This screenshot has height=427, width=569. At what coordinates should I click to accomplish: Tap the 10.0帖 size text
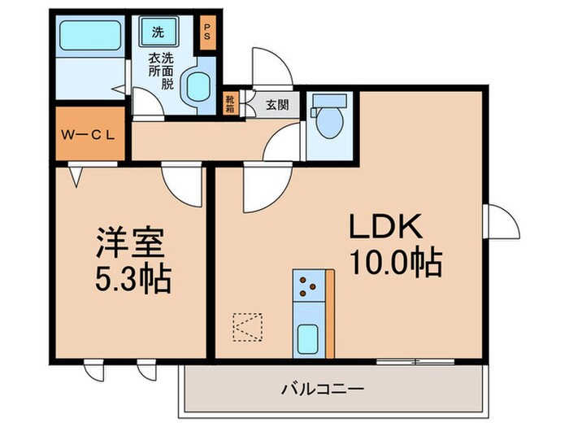(395, 263)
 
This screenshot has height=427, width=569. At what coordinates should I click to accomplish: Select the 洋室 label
(131, 243)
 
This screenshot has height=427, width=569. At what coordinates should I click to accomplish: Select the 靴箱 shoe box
(231, 104)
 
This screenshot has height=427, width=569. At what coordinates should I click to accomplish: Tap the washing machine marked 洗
(159, 33)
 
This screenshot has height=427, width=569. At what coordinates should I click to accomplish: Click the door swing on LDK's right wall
(502, 220)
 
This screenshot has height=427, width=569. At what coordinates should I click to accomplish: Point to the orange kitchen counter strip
(329, 313)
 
